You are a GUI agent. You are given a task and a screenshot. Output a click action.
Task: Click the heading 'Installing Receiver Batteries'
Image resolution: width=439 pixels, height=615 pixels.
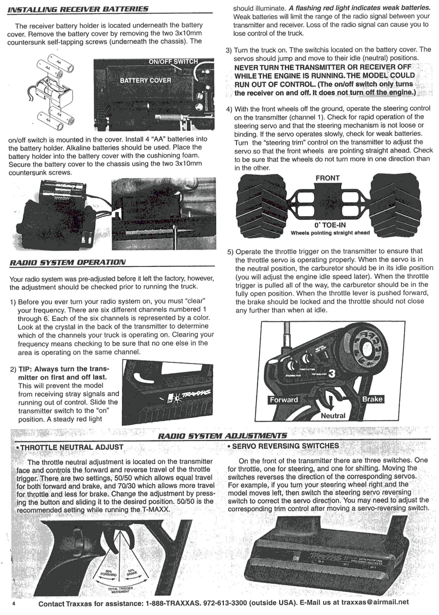(78, 9)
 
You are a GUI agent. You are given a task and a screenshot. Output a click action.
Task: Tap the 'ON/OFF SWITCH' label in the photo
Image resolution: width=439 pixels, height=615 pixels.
(173, 62)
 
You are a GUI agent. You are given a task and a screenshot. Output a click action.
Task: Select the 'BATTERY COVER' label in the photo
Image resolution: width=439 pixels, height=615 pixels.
(146, 81)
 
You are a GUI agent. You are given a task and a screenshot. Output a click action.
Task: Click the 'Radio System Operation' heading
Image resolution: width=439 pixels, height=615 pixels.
(68, 262)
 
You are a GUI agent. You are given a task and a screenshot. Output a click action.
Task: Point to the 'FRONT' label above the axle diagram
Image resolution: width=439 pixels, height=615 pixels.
(327, 178)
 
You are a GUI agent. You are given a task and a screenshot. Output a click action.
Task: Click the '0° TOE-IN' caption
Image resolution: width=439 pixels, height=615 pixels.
(330, 225)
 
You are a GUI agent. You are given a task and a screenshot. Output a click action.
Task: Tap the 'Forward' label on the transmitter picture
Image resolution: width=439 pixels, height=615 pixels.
(284, 400)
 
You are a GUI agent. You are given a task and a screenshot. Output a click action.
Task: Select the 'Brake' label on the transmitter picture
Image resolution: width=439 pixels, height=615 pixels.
(372, 399)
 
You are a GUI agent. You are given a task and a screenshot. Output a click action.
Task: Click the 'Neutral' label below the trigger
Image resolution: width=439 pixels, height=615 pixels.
(333, 416)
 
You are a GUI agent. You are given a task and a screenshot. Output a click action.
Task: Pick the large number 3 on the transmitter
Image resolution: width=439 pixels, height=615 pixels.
(332, 374)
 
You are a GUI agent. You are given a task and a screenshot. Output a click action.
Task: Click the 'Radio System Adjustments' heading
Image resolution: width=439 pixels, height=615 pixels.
(222, 436)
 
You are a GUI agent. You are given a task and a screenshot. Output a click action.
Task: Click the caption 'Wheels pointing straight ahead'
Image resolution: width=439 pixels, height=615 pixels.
(330, 233)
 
